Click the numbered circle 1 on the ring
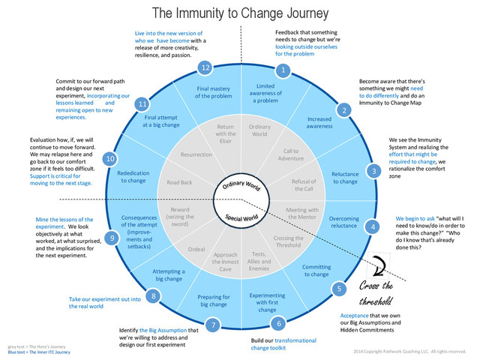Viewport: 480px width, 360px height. [x=283, y=70]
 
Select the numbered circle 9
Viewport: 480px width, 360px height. [x=112, y=238]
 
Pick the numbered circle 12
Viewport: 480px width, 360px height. [x=204, y=67]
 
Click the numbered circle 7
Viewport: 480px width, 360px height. [x=213, y=325]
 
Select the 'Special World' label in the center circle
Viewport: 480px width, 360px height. [x=242, y=217]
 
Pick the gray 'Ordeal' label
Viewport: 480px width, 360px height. [x=196, y=249]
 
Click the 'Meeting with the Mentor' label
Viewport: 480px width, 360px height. [x=302, y=214]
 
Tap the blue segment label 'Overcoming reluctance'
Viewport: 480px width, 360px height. [x=344, y=222]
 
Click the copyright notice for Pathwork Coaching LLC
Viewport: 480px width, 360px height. [x=415, y=351]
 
